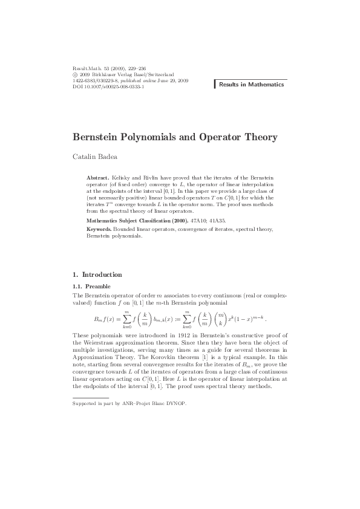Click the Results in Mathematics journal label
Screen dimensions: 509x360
tap(250, 85)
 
